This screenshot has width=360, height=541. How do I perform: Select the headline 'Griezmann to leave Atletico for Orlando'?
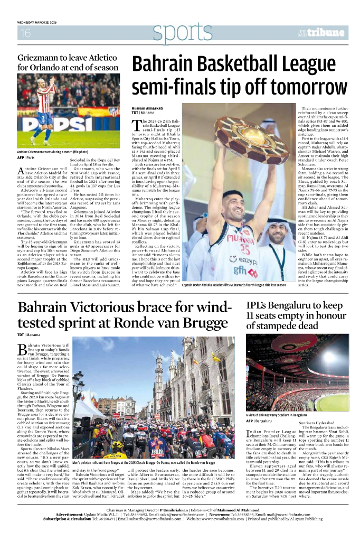point(68,63)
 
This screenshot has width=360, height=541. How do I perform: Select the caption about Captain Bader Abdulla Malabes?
point(241,285)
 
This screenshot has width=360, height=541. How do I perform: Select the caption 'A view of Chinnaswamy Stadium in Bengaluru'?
point(281,415)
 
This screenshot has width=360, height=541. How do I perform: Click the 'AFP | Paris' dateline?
point(26,157)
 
